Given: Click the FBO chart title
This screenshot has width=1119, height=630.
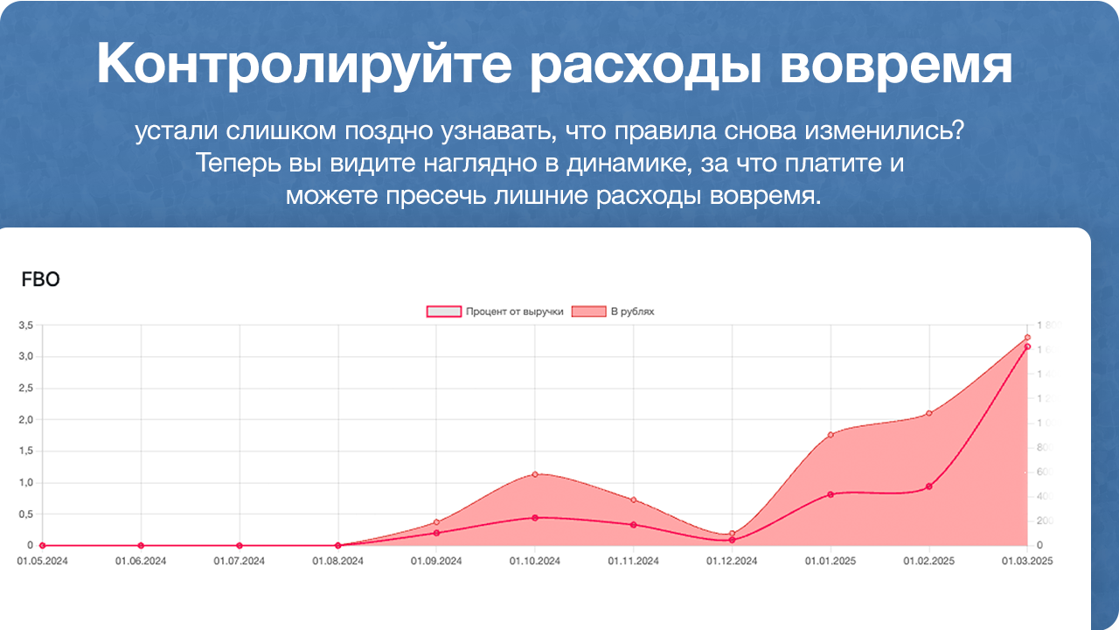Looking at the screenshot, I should pos(40,280).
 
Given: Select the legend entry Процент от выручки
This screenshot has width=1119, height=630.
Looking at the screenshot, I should pos(495,311).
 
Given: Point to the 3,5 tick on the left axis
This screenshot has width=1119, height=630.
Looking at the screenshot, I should pos(25,325).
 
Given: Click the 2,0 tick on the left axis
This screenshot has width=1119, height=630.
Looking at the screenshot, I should pos(25,420).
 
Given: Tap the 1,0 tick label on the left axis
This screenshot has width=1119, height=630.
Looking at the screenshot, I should pos(25,483).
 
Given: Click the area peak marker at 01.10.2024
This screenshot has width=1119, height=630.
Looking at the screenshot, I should pos(535,474).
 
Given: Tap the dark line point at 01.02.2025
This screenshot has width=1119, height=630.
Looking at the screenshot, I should pos(929,486).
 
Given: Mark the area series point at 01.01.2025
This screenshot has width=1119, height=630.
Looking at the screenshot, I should pos(831,435).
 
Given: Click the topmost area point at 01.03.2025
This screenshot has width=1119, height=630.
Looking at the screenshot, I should pos(1027,337).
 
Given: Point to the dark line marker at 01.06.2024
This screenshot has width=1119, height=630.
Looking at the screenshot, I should pos(141,545).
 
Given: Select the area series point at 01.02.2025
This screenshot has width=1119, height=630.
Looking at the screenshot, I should pos(929,413).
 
